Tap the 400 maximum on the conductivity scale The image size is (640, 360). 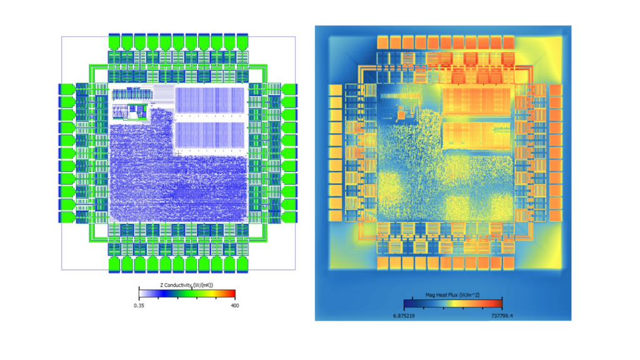pos(234,305)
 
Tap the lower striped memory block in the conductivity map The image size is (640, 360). pos(209,136)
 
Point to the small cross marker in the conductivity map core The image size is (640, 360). pos(178,152)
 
